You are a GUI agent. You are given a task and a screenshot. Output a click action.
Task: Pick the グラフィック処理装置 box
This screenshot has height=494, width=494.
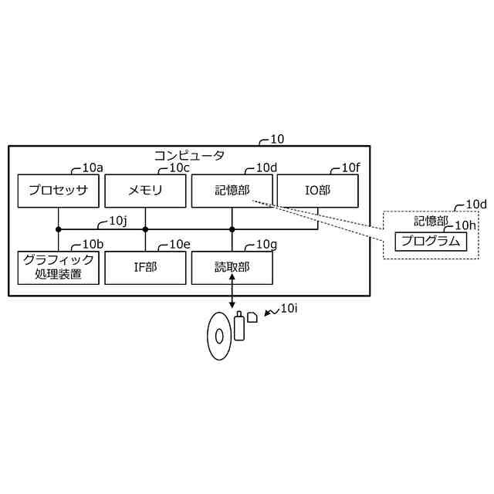point(58,267)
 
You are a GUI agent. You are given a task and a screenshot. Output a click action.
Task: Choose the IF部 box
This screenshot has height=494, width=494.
point(145,267)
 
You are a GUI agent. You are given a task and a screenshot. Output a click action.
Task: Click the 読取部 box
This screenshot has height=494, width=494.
point(232,267)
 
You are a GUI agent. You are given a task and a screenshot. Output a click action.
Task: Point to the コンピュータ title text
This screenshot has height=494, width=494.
point(189,155)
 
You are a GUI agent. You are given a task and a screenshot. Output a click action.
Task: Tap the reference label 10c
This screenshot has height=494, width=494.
point(179,167)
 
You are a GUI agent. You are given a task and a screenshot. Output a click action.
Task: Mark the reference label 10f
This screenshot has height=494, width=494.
point(351,167)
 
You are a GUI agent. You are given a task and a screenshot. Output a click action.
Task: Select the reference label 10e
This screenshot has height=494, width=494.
point(179,245)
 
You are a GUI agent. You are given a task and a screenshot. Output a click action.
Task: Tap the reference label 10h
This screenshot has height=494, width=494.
point(465,225)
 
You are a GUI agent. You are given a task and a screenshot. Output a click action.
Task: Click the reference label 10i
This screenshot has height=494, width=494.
point(289,308)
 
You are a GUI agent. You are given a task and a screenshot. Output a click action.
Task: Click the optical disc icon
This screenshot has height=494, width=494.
point(219,335)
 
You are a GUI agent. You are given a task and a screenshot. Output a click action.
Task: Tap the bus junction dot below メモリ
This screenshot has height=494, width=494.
point(145,229)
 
